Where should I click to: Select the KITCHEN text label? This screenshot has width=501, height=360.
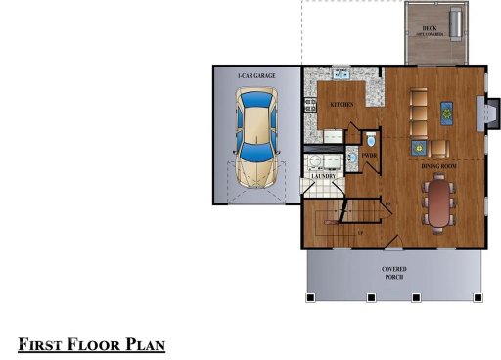click(342, 103)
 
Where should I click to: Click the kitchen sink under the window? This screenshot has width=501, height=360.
click(342, 74)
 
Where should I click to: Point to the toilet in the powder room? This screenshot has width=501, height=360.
click(370, 141)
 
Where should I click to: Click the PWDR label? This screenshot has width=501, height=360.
click(370, 155)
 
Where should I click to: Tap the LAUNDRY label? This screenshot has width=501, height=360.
click(323, 176)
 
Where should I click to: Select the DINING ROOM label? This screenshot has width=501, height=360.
click(440, 167)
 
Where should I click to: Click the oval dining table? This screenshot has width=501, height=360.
click(439, 203)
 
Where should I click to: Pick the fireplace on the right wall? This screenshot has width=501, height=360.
click(477, 113)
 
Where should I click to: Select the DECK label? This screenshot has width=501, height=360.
click(428, 28)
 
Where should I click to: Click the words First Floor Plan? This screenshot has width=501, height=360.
click(91, 344)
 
